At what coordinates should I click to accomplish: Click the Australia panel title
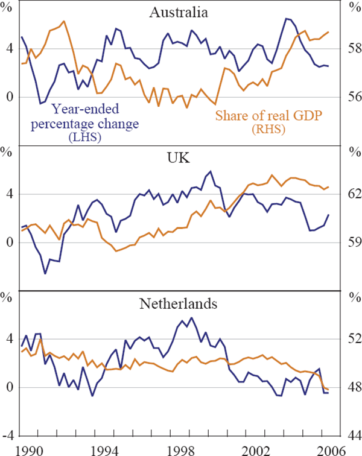click(x=178, y=13)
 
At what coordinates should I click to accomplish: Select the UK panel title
click(x=178, y=158)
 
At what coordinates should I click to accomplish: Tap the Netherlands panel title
click(x=178, y=304)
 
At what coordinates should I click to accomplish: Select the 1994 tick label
click(x=104, y=448)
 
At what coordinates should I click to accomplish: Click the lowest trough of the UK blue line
click(x=45, y=274)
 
